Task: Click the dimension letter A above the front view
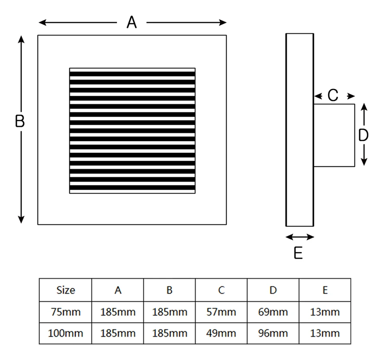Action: click(x=132, y=22)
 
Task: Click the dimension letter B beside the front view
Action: click(x=20, y=122)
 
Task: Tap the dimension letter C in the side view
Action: click(x=333, y=96)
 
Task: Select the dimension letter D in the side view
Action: click(x=364, y=136)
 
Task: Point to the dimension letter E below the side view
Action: click(x=298, y=253)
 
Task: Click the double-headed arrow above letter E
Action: click(x=300, y=237)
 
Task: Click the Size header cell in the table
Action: click(x=65, y=290)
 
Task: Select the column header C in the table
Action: click(x=221, y=290)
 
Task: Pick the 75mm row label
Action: click(x=65, y=312)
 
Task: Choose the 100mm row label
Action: click(x=65, y=333)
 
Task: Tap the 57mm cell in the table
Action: click(x=221, y=312)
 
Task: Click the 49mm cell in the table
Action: click(x=221, y=333)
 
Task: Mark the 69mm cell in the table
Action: click(x=273, y=312)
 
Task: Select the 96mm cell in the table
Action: click(x=273, y=333)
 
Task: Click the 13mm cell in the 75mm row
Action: click(x=325, y=312)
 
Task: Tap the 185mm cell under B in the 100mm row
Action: click(x=169, y=333)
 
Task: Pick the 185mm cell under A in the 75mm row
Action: click(x=117, y=312)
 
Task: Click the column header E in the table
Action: click(x=325, y=290)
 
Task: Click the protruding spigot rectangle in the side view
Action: click(x=334, y=135)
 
